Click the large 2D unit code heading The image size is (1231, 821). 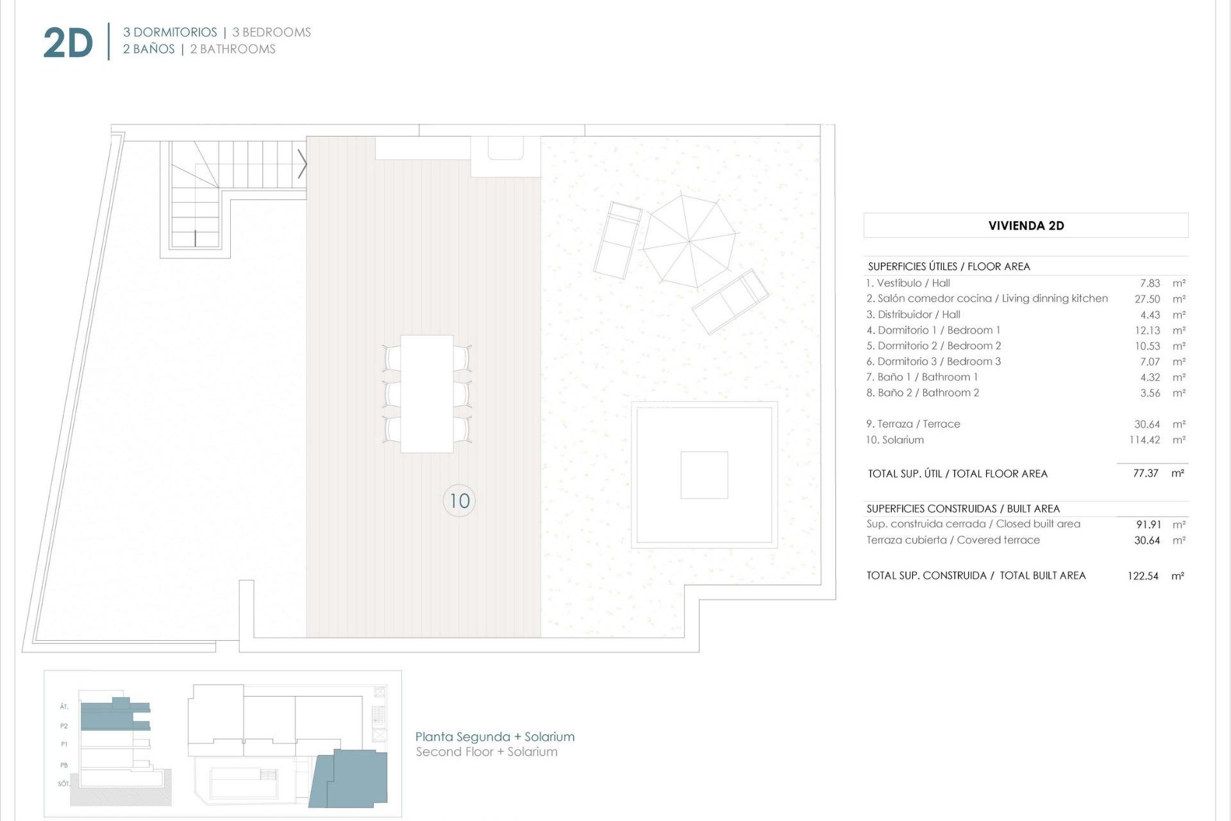click(x=68, y=44)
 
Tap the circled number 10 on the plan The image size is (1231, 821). click(x=459, y=501)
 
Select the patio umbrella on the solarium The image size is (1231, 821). click(x=690, y=241)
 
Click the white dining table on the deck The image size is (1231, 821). click(x=427, y=394)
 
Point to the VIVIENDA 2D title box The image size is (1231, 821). click(x=1025, y=225)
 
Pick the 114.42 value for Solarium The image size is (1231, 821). click(x=1144, y=440)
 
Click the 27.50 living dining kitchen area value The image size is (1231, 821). click(x=1147, y=299)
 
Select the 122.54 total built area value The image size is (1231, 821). click(x=1143, y=576)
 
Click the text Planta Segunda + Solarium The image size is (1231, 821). click(x=494, y=736)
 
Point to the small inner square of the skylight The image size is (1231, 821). click(x=704, y=475)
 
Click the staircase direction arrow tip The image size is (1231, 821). click(x=306, y=164)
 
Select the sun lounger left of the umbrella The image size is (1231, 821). click(x=617, y=241)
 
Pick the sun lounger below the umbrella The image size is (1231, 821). click(x=730, y=301)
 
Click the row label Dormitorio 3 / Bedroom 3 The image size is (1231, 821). click(x=933, y=362)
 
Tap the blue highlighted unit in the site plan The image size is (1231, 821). click(x=351, y=777)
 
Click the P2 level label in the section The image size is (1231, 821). click(x=64, y=726)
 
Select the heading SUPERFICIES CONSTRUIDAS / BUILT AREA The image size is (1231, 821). click(x=963, y=509)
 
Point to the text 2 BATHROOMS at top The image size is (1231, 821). click(x=232, y=49)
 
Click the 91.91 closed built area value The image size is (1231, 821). click(x=1148, y=525)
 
